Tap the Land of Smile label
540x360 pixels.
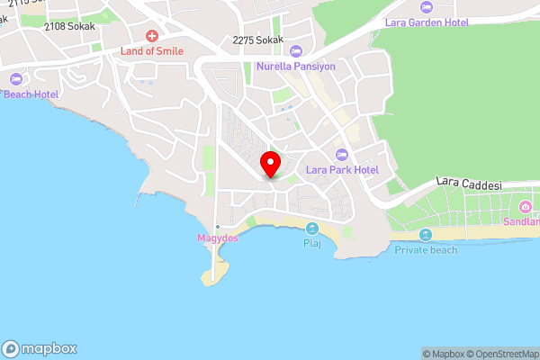[x=152, y=51]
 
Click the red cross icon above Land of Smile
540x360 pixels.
[x=152, y=37]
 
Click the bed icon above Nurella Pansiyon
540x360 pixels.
[x=296, y=51]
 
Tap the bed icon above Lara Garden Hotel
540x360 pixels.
[x=426, y=7]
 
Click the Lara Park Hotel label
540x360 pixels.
[x=341, y=169]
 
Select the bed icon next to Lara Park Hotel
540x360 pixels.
[x=341, y=154]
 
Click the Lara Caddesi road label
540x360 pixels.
[x=469, y=183]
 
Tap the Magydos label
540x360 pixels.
[x=217, y=238]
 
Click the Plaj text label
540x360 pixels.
[x=311, y=243]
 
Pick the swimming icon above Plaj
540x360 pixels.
[x=311, y=229]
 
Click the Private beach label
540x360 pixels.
[x=426, y=249]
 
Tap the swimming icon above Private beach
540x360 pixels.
[x=426, y=235]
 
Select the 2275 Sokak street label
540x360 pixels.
[x=257, y=40]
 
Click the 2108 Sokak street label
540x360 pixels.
[x=68, y=27]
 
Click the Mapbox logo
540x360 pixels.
[x=40, y=349]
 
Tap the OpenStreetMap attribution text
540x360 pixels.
[x=501, y=354]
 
